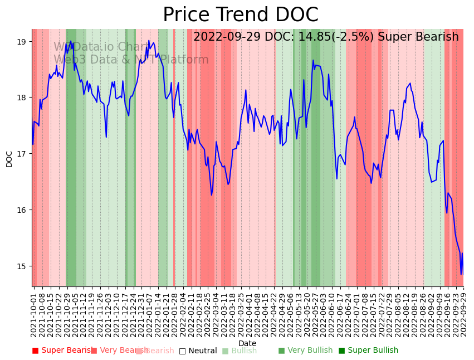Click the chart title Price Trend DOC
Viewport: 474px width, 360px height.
pyautogui.click(x=241, y=15)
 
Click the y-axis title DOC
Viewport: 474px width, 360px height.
pyautogui.click(x=9, y=159)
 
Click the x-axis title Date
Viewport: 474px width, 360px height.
pyautogui.click(x=247, y=343)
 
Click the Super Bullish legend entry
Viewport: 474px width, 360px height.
pyautogui.click(x=368, y=351)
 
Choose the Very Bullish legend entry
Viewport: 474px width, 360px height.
pyautogui.click(x=305, y=351)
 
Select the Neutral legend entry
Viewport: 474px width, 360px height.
pyautogui.click(x=198, y=351)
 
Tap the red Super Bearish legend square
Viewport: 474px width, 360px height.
pyautogui.click(x=36, y=351)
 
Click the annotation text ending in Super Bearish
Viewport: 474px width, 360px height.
pyautogui.click(x=326, y=37)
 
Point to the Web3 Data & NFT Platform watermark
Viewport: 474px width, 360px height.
pyautogui.click(x=131, y=60)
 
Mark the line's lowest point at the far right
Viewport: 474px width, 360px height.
pyautogui.click(x=461, y=274)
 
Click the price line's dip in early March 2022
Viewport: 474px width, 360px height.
pyautogui.click(x=212, y=194)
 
